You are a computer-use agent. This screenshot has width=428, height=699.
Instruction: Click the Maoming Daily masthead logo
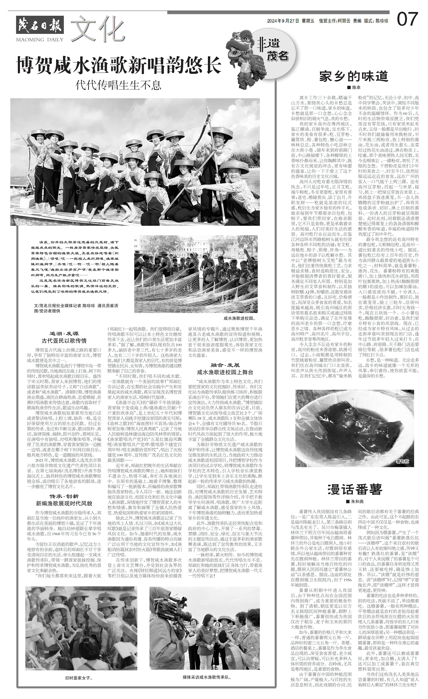(40, 28)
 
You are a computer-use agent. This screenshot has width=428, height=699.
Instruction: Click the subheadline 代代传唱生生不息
(119, 85)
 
